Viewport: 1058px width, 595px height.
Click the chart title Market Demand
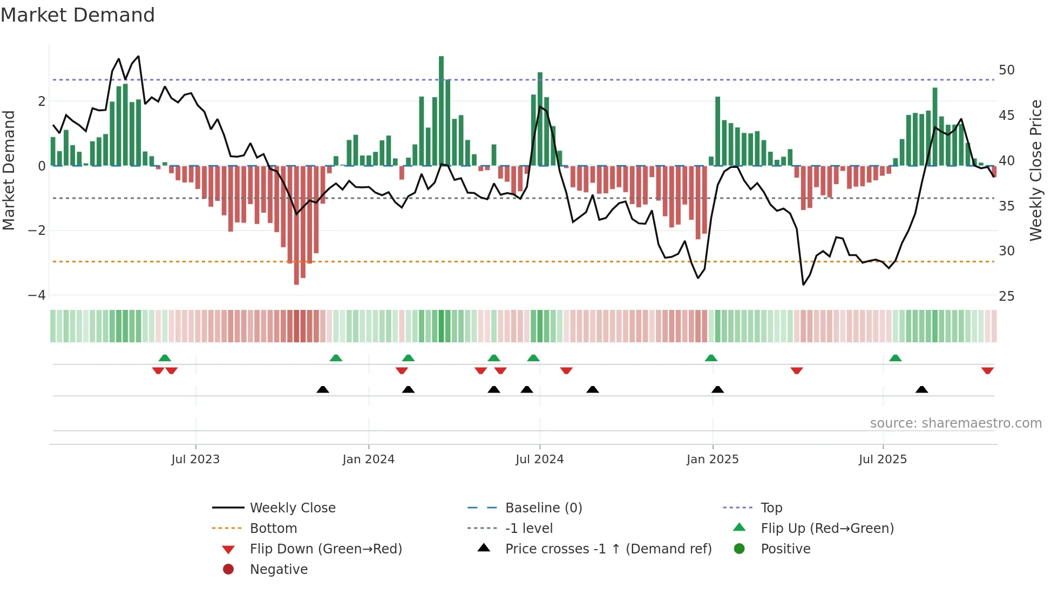click(78, 15)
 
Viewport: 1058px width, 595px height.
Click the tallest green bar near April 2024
click(441, 111)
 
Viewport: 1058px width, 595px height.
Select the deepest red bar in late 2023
click(296, 225)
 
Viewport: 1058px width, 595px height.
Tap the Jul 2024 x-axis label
click(539, 459)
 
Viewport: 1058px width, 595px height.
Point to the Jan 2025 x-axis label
click(712, 459)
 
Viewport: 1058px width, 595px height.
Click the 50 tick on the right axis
click(1006, 70)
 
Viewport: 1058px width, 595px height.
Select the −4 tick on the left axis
click(37, 295)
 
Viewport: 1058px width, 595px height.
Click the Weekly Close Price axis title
click(1035, 170)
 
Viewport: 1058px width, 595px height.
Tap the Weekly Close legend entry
click(292, 508)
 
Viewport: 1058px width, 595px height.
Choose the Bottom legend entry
click(273, 529)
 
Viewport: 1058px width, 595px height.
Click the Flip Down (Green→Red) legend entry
click(325, 549)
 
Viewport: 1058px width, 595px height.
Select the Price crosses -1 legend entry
click(608, 549)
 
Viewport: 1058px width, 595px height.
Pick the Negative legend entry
click(279, 570)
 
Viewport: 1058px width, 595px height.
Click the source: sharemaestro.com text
click(955, 423)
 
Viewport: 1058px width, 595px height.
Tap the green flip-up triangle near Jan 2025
click(711, 358)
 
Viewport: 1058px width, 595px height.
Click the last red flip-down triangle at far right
click(987, 370)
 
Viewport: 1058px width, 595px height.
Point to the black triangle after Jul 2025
click(921, 389)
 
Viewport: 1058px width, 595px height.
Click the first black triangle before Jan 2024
click(322, 389)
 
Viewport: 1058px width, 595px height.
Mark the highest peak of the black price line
click(139, 56)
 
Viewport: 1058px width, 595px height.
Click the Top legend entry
click(771, 508)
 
